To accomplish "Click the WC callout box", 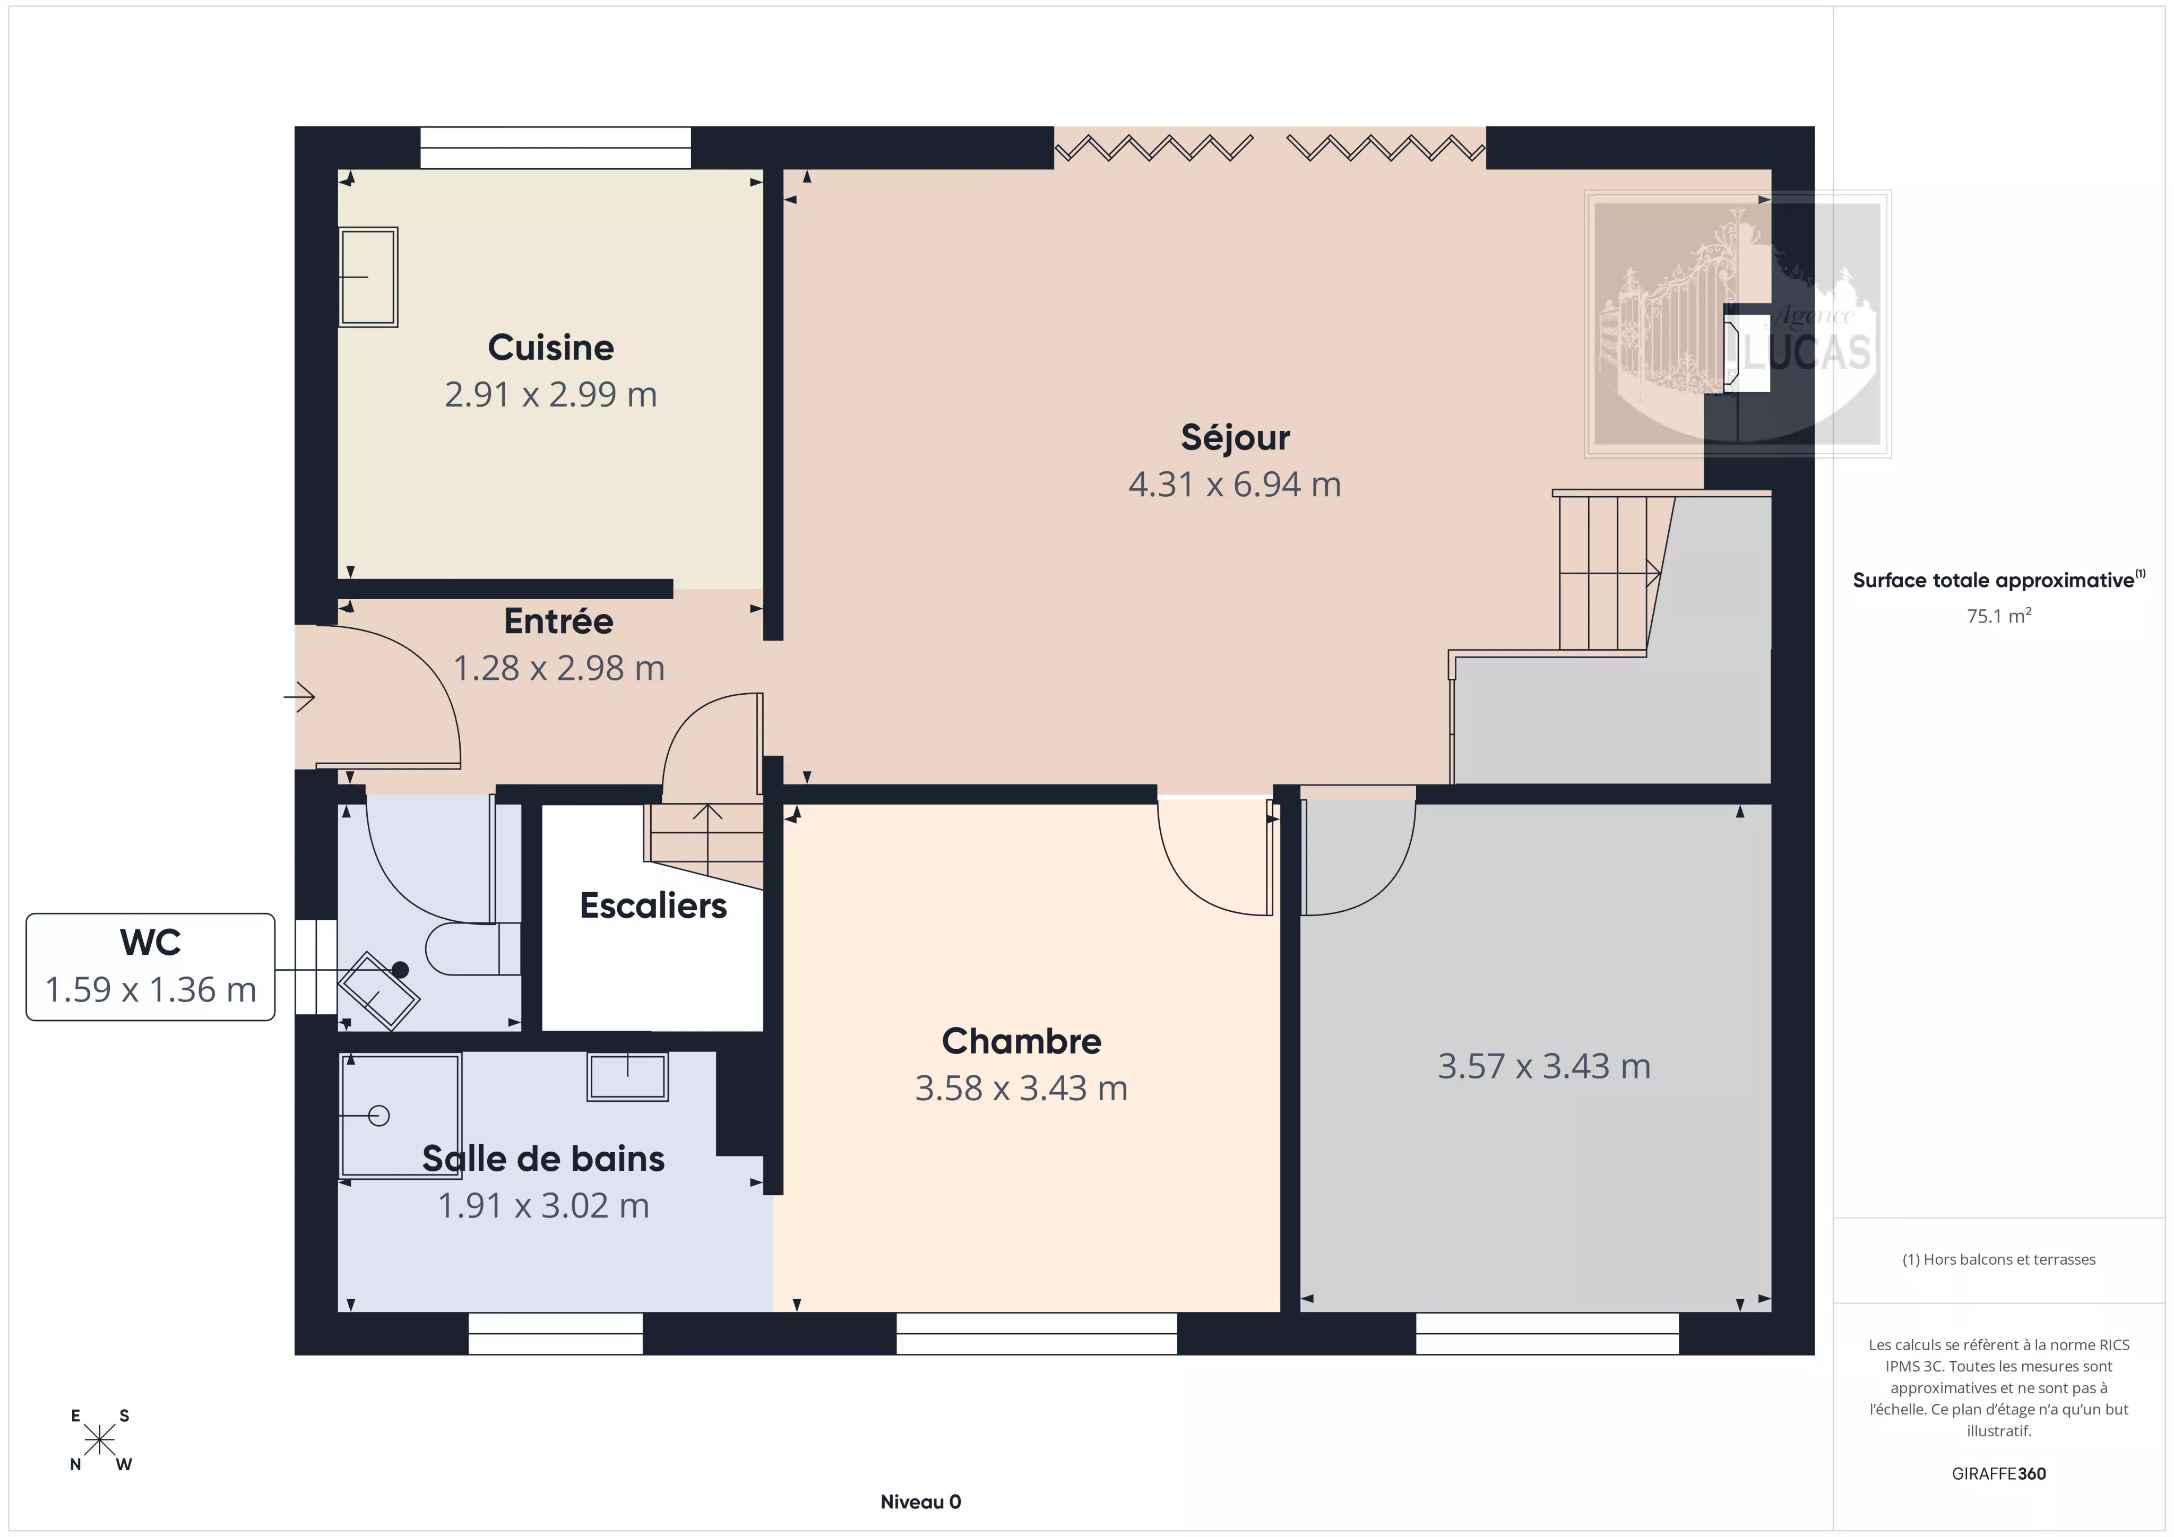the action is (x=151, y=967).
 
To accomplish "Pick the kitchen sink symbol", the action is (x=368, y=277).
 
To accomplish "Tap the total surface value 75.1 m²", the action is (x=1999, y=616).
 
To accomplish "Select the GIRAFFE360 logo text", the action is (x=1999, y=1473).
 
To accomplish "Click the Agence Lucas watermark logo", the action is (x=1738, y=324).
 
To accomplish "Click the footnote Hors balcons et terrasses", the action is (x=1999, y=1259).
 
